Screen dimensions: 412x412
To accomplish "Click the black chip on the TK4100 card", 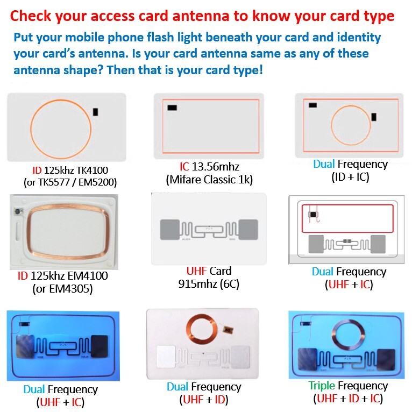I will pos(96,112).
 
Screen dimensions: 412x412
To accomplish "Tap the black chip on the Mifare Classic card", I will pos(172,108).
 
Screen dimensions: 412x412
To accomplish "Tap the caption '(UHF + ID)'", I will pos(204,400).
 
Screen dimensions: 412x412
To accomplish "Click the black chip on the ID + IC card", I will pos(374,117).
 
